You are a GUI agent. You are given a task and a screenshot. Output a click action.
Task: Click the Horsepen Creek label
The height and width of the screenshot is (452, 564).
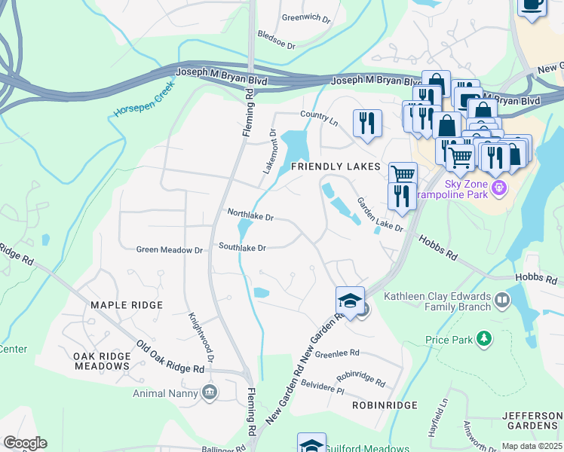pyautogui.click(x=144, y=100)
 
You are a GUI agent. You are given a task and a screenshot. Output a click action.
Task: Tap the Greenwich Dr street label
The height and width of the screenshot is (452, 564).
pyautogui.click(x=306, y=17)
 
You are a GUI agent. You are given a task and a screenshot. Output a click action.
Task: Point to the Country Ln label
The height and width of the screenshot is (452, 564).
pyautogui.click(x=318, y=115)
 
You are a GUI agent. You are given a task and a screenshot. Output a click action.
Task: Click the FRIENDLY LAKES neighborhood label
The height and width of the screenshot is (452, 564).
pyautogui.click(x=330, y=166)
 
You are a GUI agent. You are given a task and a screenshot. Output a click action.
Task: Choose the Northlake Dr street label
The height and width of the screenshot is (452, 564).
pyautogui.click(x=250, y=215)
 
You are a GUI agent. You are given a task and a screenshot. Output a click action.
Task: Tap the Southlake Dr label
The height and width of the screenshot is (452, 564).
pyautogui.click(x=242, y=247)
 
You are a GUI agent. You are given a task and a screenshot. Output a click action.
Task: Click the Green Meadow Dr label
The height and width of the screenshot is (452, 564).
pyautogui.click(x=170, y=249)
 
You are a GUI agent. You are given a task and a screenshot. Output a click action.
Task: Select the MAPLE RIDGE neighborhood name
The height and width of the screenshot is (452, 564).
pyautogui.click(x=127, y=305)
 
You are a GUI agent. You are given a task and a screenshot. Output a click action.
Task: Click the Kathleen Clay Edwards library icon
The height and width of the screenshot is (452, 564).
pyautogui.click(x=501, y=301)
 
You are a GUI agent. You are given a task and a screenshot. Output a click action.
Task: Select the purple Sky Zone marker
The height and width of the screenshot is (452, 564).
pyautogui.click(x=497, y=188)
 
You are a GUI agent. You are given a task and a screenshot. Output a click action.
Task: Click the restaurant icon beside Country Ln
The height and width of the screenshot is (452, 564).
pyautogui.click(x=367, y=122)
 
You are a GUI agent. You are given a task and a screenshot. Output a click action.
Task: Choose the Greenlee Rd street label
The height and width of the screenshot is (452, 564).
pyautogui.click(x=338, y=353)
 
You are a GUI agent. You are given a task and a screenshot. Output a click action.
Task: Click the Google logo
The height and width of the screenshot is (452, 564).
pyautogui.click(x=25, y=443)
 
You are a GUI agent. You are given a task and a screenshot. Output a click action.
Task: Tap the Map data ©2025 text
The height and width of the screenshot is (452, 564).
pyautogui.click(x=532, y=446)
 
